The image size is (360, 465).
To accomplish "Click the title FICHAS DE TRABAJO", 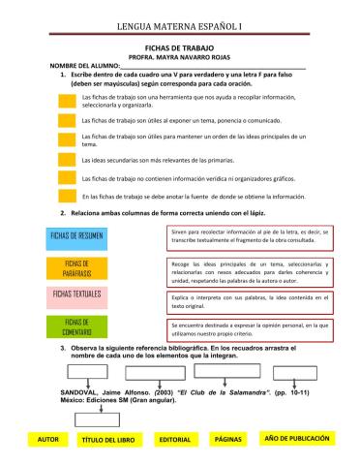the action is click(x=179, y=46).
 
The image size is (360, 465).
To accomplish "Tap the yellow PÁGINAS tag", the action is click(x=227, y=439).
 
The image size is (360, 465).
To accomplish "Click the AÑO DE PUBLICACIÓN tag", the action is click(x=296, y=438).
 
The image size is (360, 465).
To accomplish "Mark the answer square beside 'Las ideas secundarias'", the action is click(x=66, y=159).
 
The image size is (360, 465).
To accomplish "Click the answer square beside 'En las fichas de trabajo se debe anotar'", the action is click(x=66, y=197).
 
